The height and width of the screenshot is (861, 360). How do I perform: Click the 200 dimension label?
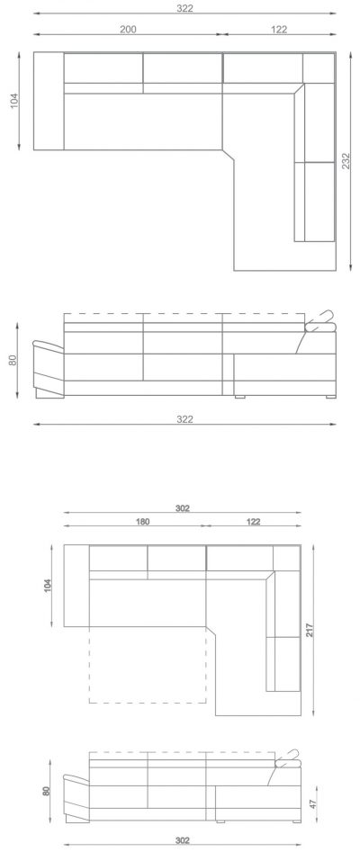(128, 29)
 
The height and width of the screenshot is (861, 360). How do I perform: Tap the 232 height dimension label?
(346, 160)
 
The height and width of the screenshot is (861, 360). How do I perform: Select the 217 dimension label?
(310, 630)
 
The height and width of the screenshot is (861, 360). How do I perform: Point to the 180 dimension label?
(142, 522)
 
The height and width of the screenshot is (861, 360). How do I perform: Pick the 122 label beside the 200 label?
(279, 29)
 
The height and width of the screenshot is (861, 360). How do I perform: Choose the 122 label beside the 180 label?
(253, 522)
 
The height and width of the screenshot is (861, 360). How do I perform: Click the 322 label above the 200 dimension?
(185, 8)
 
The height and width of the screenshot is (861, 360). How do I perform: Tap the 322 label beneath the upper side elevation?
(185, 419)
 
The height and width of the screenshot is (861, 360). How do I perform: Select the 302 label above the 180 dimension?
(183, 508)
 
